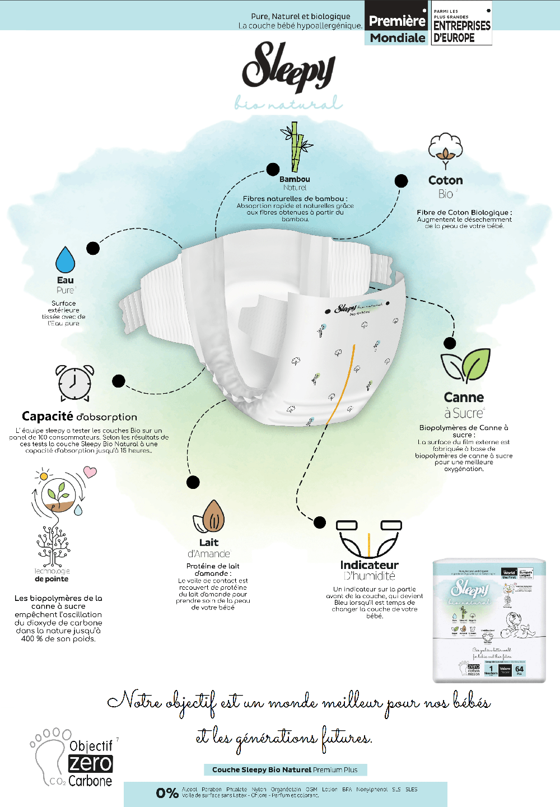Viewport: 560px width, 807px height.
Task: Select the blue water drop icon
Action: coord(66,260)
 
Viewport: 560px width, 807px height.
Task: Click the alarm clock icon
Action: coord(74,383)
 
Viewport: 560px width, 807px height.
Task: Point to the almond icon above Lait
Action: coord(211,516)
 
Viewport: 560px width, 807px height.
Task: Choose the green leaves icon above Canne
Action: coord(465,365)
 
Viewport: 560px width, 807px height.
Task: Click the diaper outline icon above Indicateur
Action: coord(369,539)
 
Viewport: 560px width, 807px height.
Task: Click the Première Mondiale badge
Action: coord(398,23)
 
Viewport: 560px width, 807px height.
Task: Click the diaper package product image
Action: coord(489,621)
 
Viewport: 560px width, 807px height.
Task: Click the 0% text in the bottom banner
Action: coord(167,792)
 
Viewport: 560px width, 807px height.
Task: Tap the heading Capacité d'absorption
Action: coord(80,417)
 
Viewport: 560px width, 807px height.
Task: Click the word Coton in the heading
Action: coord(446,180)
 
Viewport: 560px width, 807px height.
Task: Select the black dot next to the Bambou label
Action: coord(273,169)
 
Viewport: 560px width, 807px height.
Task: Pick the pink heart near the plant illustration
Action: coord(90,472)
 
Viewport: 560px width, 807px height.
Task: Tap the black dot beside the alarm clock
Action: coord(118,381)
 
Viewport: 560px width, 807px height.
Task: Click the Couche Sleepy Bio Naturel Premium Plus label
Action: coord(285,769)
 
